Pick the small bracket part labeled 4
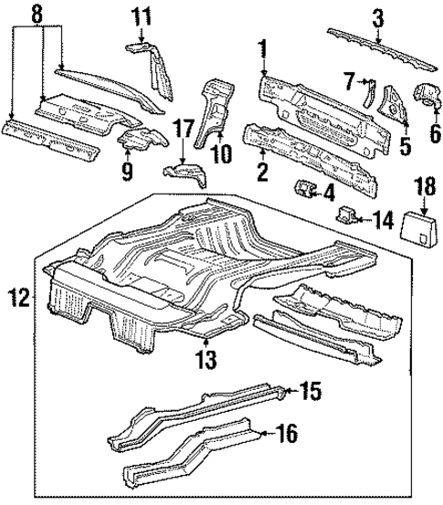click(x=302, y=191)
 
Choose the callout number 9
click(x=127, y=170)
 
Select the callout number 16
click(x=286, y=435)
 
